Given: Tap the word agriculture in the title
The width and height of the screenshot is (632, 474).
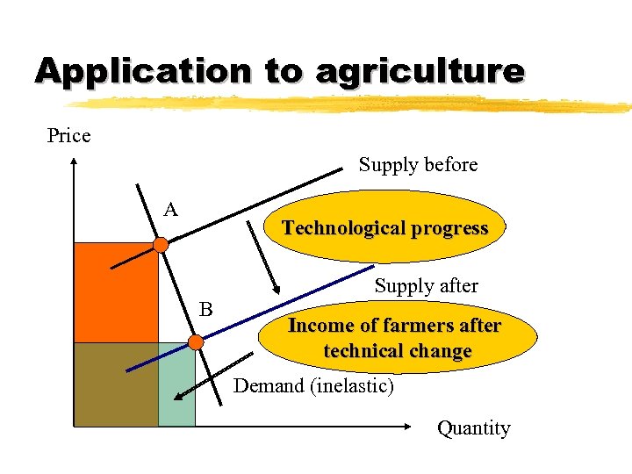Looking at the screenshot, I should point(419,72).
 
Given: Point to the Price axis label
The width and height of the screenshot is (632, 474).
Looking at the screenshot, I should point(68,135).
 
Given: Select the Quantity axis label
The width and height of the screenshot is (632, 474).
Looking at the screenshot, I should point(474,428).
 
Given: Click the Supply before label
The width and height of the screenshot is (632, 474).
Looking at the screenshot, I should point(418,165).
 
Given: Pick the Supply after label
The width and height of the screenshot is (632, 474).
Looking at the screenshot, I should point(426,286).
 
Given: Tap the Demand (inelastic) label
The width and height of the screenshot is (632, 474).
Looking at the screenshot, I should point(313,386).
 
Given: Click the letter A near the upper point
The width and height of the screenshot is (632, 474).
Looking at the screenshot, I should point(171,209).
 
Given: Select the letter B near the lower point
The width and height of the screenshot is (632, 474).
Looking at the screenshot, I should point(206,309).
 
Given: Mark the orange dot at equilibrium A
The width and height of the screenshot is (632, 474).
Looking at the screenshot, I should point(161,245).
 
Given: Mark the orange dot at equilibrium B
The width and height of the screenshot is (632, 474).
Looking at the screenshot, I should point(196,341).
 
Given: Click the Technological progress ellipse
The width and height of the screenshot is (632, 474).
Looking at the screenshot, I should point(384,228).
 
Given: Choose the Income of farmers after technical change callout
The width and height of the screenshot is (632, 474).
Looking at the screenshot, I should point(395,338).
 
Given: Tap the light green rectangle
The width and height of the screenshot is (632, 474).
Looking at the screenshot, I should point(176,386).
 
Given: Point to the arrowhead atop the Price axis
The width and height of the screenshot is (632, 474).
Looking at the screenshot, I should point(75,162).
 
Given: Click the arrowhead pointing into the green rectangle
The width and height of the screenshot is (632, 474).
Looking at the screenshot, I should point(178,397).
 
